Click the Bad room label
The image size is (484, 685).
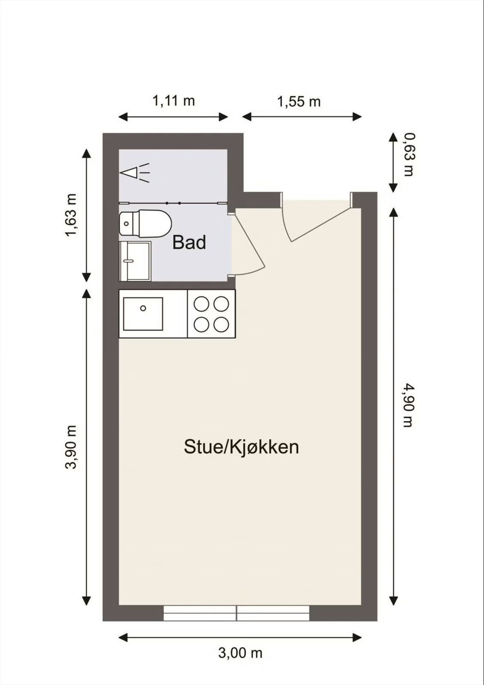pyautogui.click(x=189, y=242)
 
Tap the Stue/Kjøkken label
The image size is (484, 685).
pyautogui.click(x=241, y=447)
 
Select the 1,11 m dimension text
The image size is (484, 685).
pyautogui.click(x=174, y=101)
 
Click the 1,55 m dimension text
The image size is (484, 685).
pyautogui.click(x=299, y=102)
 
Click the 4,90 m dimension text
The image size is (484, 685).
pyautogui.click(x=408, y=405)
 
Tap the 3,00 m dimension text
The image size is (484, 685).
pyautogui.click(x=240, y=653)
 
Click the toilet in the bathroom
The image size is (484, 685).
pyautogui.click(x=145, y=224)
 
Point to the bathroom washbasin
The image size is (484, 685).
pyautogui.click(x=135, y=261)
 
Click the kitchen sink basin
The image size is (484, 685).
pyautogui.click(x=143, y=314)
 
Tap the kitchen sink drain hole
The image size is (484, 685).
pyautogui.click(x=143, y=308)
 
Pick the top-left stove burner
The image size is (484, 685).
pyautogui.click(x=201, y=304)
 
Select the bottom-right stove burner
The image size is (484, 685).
pyautogui.click(x=221, y=324)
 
